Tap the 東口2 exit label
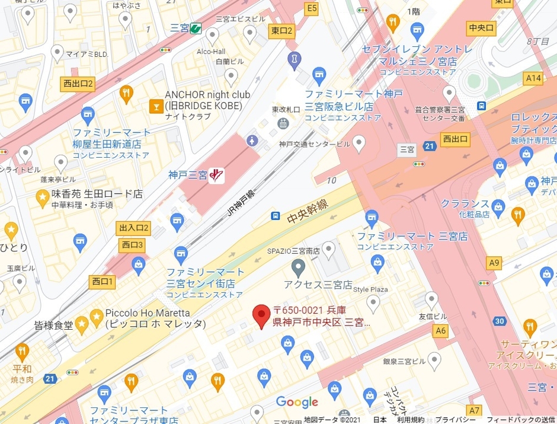tap(282, 31)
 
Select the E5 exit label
tap(311, 8)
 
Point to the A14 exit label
tap(534, 78)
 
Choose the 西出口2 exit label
tap(78, 84)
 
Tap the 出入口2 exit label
tap(134, 228)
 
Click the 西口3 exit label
tap(132, 244)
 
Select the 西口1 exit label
tap(102, 281)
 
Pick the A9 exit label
tap(494, 262)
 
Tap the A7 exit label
tap(474, 410)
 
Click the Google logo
tap(297, 402)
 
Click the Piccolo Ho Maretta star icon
tap(95, 318)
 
